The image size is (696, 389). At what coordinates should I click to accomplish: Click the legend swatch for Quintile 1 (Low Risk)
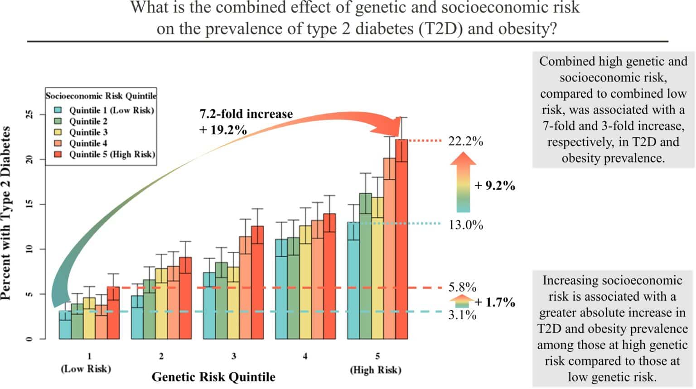point(58,110)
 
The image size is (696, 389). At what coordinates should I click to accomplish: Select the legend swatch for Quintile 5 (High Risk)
point(58,154)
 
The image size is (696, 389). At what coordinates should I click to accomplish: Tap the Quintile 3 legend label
point(88,132)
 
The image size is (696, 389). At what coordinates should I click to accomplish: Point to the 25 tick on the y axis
point(30,115)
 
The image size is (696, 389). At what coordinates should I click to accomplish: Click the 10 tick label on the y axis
point(30,249)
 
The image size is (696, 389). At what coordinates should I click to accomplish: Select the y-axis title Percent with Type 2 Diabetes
point(6,213)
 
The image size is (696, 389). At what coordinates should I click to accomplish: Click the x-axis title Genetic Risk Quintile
point(213,377)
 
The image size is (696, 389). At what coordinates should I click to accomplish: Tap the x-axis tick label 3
point(233,356)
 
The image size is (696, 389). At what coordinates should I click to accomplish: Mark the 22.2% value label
point(465,141)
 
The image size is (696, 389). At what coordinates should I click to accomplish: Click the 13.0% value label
point(465,225)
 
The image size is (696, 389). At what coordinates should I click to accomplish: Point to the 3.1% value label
point(462,315)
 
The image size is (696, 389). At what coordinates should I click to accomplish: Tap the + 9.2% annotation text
point(494,186)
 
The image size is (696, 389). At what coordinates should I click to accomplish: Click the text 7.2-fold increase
point(246,114)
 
